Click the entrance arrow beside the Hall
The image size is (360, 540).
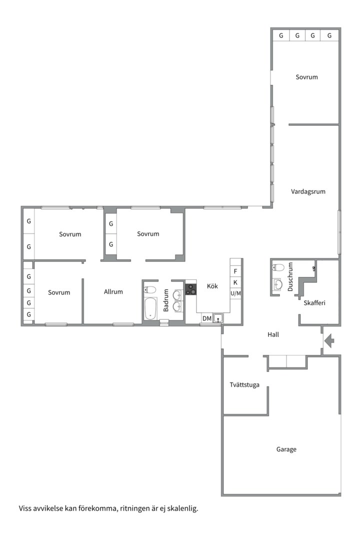coord(329,341)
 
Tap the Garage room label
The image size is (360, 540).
coord(286,449)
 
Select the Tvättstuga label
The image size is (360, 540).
coord(244,384)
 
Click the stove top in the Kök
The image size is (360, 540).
coord(191,289)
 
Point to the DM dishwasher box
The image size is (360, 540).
coord(207,318)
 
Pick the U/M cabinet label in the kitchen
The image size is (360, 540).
coord(235,293)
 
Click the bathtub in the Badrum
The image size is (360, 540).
coord(150,308)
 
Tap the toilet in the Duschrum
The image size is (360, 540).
coord(278,267)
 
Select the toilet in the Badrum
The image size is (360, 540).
coord(150,289)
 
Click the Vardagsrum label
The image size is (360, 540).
coord(308,191)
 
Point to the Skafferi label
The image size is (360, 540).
coord(314,302)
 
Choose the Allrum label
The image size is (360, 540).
coord(113,291)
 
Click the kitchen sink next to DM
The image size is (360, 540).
coord(218,318)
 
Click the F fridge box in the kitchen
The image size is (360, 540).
coord(235,271)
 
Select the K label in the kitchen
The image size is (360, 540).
coord(235,282)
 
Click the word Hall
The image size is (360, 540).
coord(273,334)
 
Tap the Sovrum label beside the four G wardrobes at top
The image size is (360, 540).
coord(306,77)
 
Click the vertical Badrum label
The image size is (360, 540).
coord(166,300)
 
